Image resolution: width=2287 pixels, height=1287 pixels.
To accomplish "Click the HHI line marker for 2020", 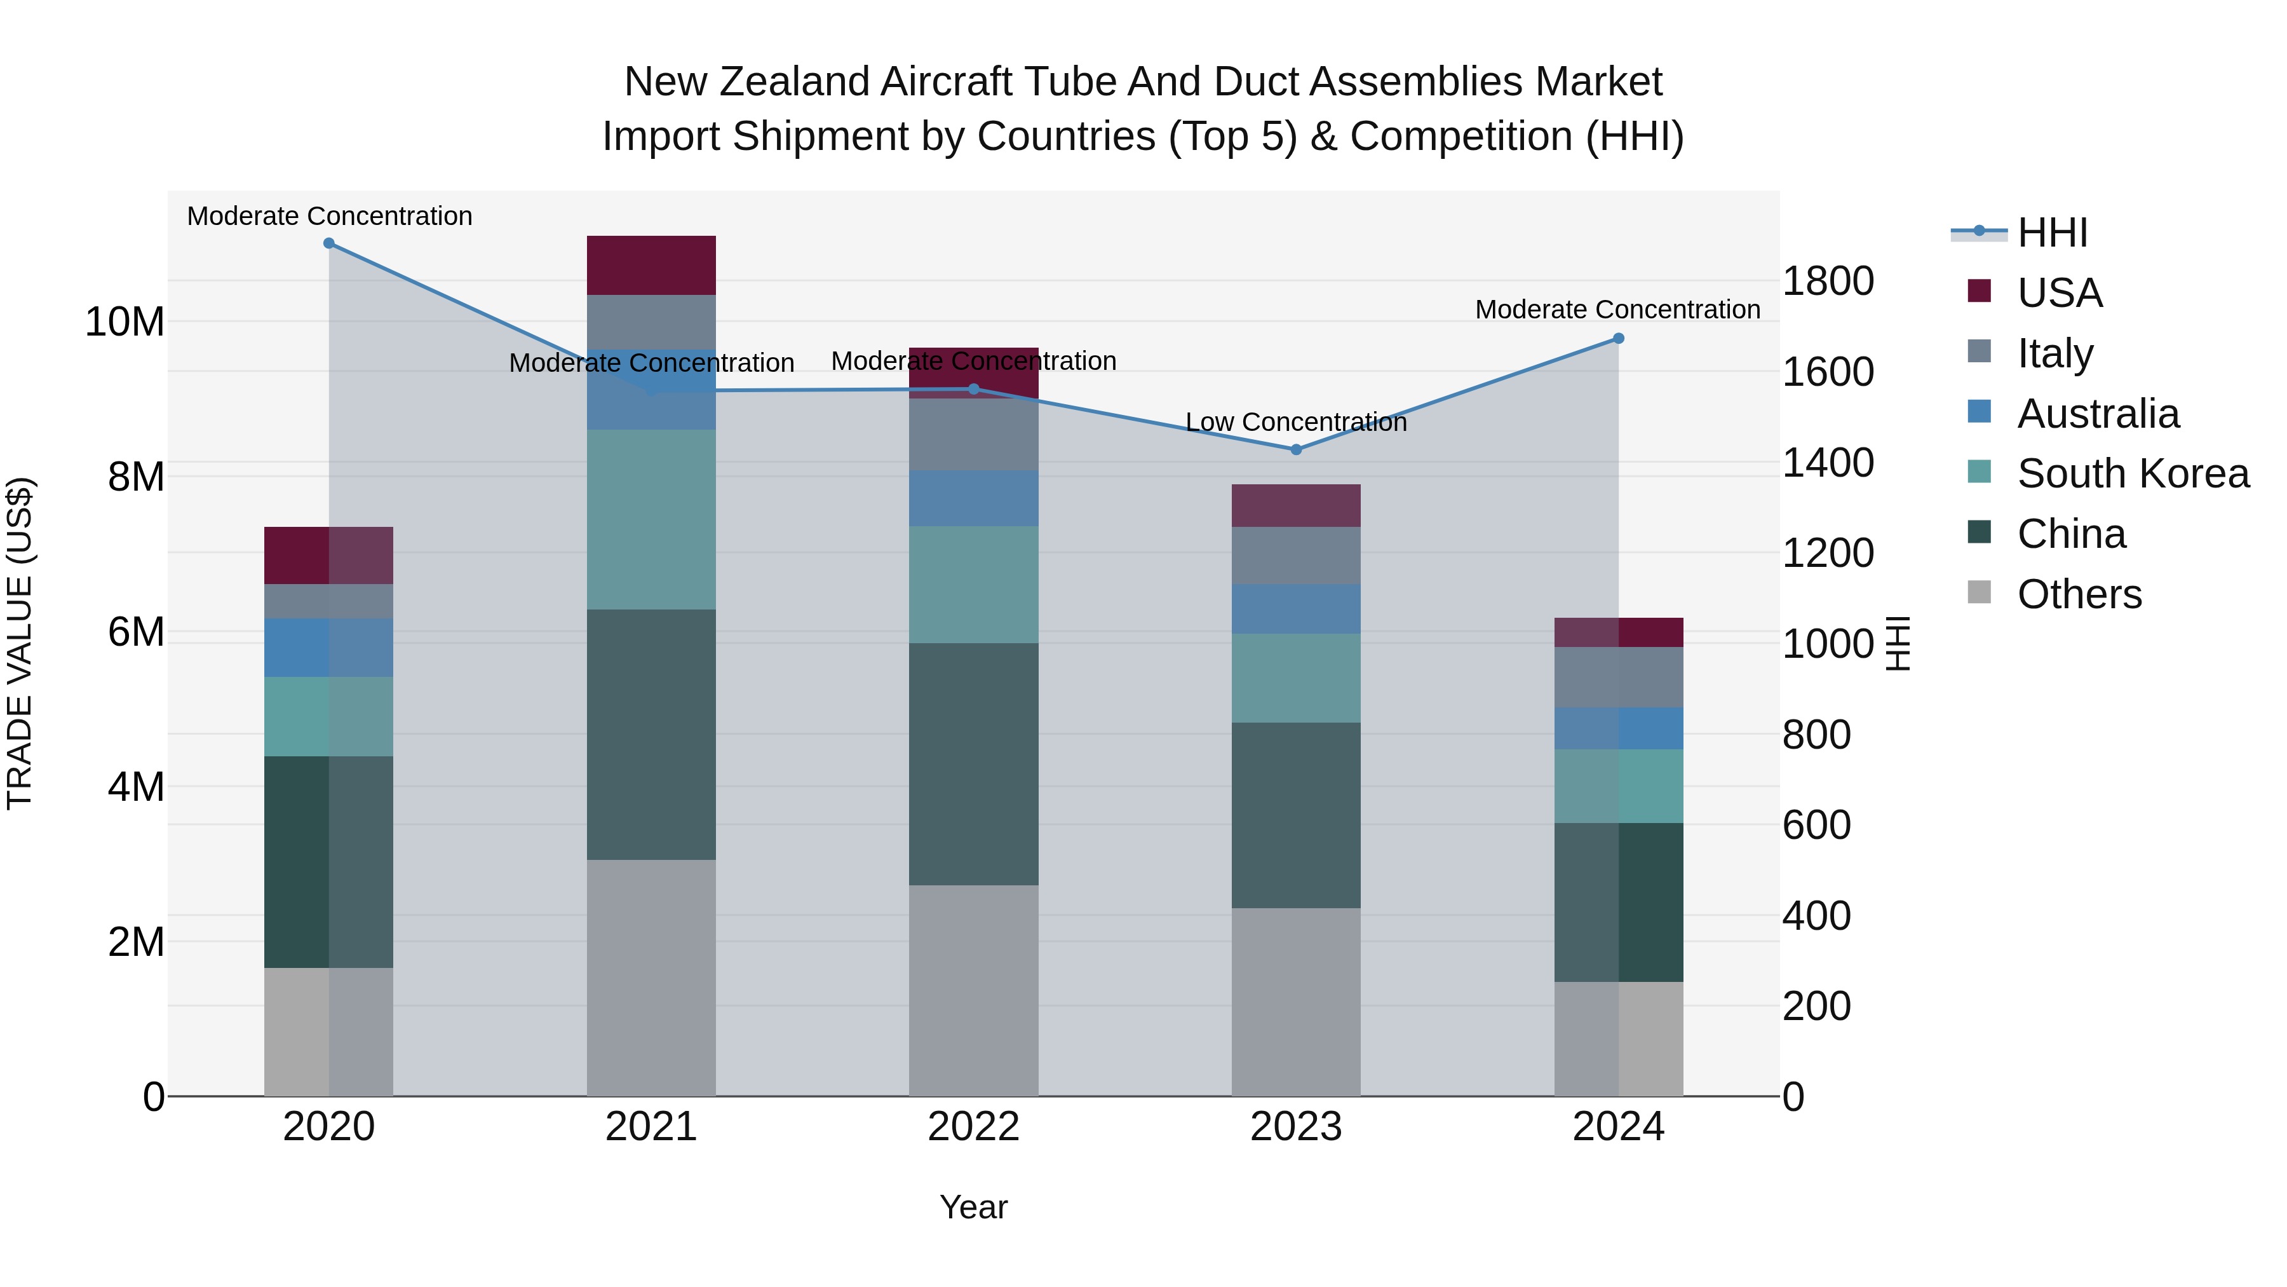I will point(329,243).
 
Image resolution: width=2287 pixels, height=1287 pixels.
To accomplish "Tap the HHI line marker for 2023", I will point(1296,449).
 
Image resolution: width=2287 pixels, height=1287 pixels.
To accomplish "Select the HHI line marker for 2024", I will point(1619,338).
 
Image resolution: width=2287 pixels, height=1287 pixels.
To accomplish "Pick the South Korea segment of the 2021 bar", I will point(652,520).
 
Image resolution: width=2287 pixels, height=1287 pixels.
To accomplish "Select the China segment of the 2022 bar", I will point(974,764).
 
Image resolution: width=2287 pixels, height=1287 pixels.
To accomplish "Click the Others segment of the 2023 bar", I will point(1296,1002).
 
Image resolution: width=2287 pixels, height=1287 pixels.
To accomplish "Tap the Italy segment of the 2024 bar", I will point(1619,677).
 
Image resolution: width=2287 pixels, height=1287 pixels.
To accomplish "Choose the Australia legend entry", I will point(2097,414).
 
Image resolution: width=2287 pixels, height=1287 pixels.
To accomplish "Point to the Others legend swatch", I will point(1979,592).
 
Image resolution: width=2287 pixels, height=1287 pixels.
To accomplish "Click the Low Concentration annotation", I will point(1296,423).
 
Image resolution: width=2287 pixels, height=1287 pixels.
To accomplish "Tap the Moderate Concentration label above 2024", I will point(1617,310).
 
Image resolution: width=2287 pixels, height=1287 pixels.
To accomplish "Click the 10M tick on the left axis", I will point(125,322).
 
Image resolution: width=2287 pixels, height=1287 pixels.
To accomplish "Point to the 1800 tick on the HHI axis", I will point(1828,282).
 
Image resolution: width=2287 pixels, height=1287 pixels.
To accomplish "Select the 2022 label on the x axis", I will point(974,1127).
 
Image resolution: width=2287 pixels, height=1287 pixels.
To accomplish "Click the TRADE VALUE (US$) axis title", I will point(20,643).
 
